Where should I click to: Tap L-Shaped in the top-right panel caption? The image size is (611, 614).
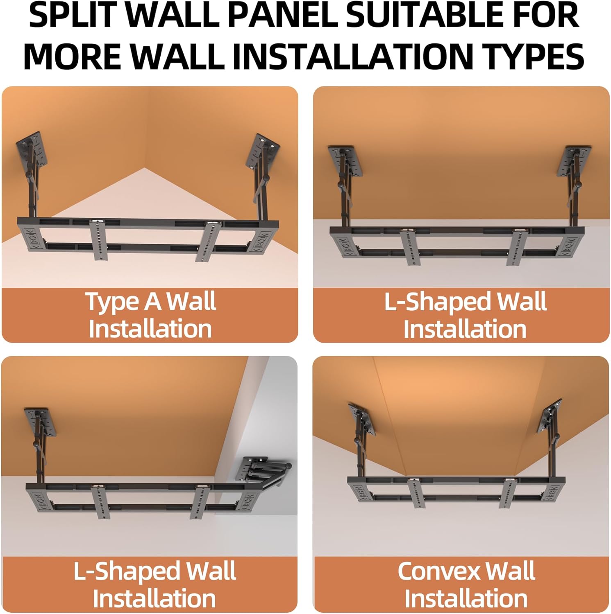point(436,302)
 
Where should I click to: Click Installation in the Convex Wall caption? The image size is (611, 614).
point(466,598)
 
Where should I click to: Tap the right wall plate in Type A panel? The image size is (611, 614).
point(263,151)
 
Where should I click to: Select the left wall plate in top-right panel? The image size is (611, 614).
point(347,161)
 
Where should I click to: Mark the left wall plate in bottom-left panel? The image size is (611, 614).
point(41,422)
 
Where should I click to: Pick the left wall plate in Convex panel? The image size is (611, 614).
point(362,420)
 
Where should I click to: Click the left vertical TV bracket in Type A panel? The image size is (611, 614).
point(98,239)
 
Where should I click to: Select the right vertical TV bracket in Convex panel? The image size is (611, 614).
point(509,493)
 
